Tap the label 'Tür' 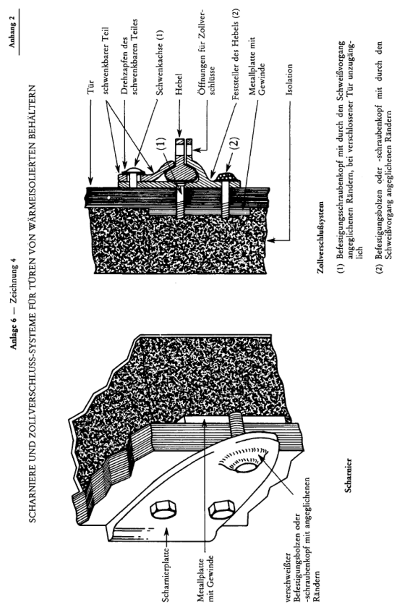[x=91, y=86]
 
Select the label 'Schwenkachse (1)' [x=160, y=63]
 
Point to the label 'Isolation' [x=289, y=80]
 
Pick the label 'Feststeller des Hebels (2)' [x=236, y=54]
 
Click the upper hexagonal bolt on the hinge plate [x=163, y=509]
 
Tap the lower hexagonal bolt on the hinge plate [x=221, y=509]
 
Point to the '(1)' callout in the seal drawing [x=163, y=143]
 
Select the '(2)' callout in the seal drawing [x=236, y=143]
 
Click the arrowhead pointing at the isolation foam [x=270, y=240]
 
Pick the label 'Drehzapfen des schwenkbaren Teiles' [x=129, y=56]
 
